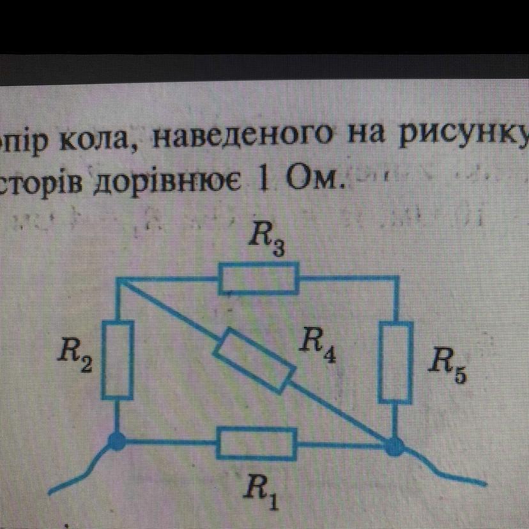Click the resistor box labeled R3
click(258, 279)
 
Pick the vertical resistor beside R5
click(395, 362)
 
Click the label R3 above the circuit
click(263, 241)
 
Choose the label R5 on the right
click(447, 364)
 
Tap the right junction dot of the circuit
click(395, 445)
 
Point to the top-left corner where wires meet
click(119, 279)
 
